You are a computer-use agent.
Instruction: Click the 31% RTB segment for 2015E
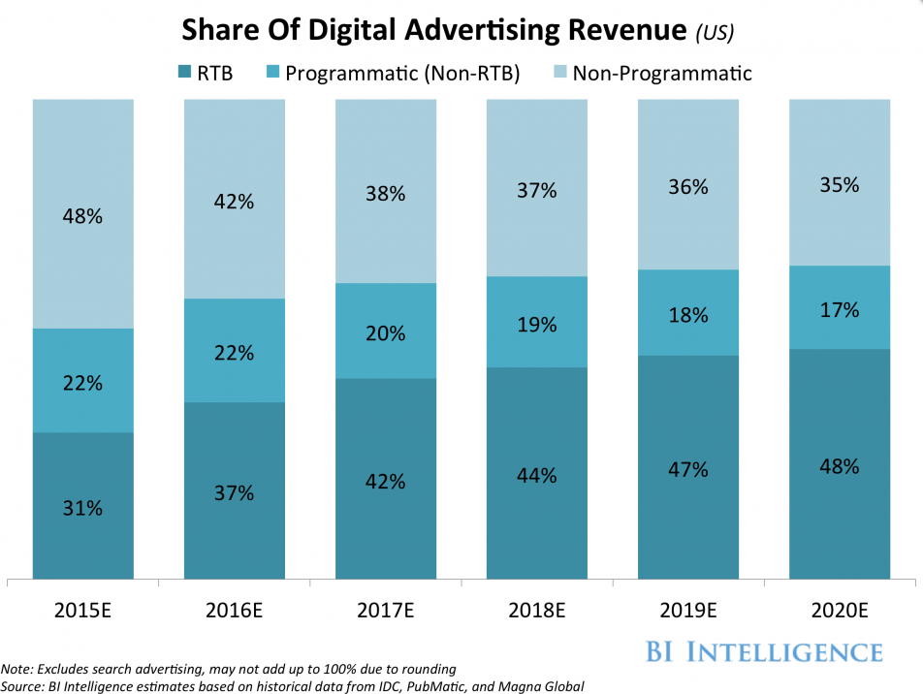point(82,507)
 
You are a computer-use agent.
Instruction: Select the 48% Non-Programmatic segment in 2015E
point(82,215)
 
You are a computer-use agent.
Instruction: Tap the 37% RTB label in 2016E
point(234,492)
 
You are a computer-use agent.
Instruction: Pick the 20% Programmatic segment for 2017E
point(385,332)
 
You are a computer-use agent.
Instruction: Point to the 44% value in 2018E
point(536,475)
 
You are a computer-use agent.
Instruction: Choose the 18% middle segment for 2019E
point(687,315)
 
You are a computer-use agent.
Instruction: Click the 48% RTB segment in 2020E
point(839,465)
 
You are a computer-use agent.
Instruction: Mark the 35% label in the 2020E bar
point(839,184)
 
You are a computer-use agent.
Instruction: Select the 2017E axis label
point(385,613)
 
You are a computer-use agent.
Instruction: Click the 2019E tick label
point(687,613)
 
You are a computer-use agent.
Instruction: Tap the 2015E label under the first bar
point(82,613)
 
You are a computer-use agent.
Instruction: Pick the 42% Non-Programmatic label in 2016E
point(234,202)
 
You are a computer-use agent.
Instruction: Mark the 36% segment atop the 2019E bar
point(687,186)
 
